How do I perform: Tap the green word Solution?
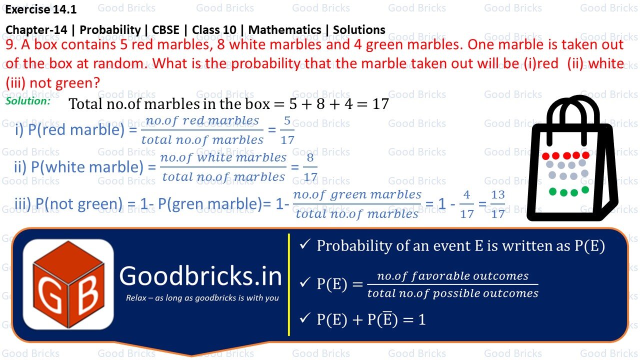tap(28, 101)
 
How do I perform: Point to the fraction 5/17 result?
tap(287, 130)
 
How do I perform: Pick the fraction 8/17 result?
tap(310, 167)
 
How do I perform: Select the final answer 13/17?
tap(497, 204)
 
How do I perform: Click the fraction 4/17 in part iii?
tap(466, 204)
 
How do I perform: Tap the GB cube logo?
tap(68, 283)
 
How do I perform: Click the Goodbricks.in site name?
tap(200, 276)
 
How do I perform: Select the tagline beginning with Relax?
tap(202, 298)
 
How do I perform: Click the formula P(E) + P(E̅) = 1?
tap(370, 319)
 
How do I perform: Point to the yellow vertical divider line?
tap(289, 284)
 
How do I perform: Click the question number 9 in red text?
tap(10, 45)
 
